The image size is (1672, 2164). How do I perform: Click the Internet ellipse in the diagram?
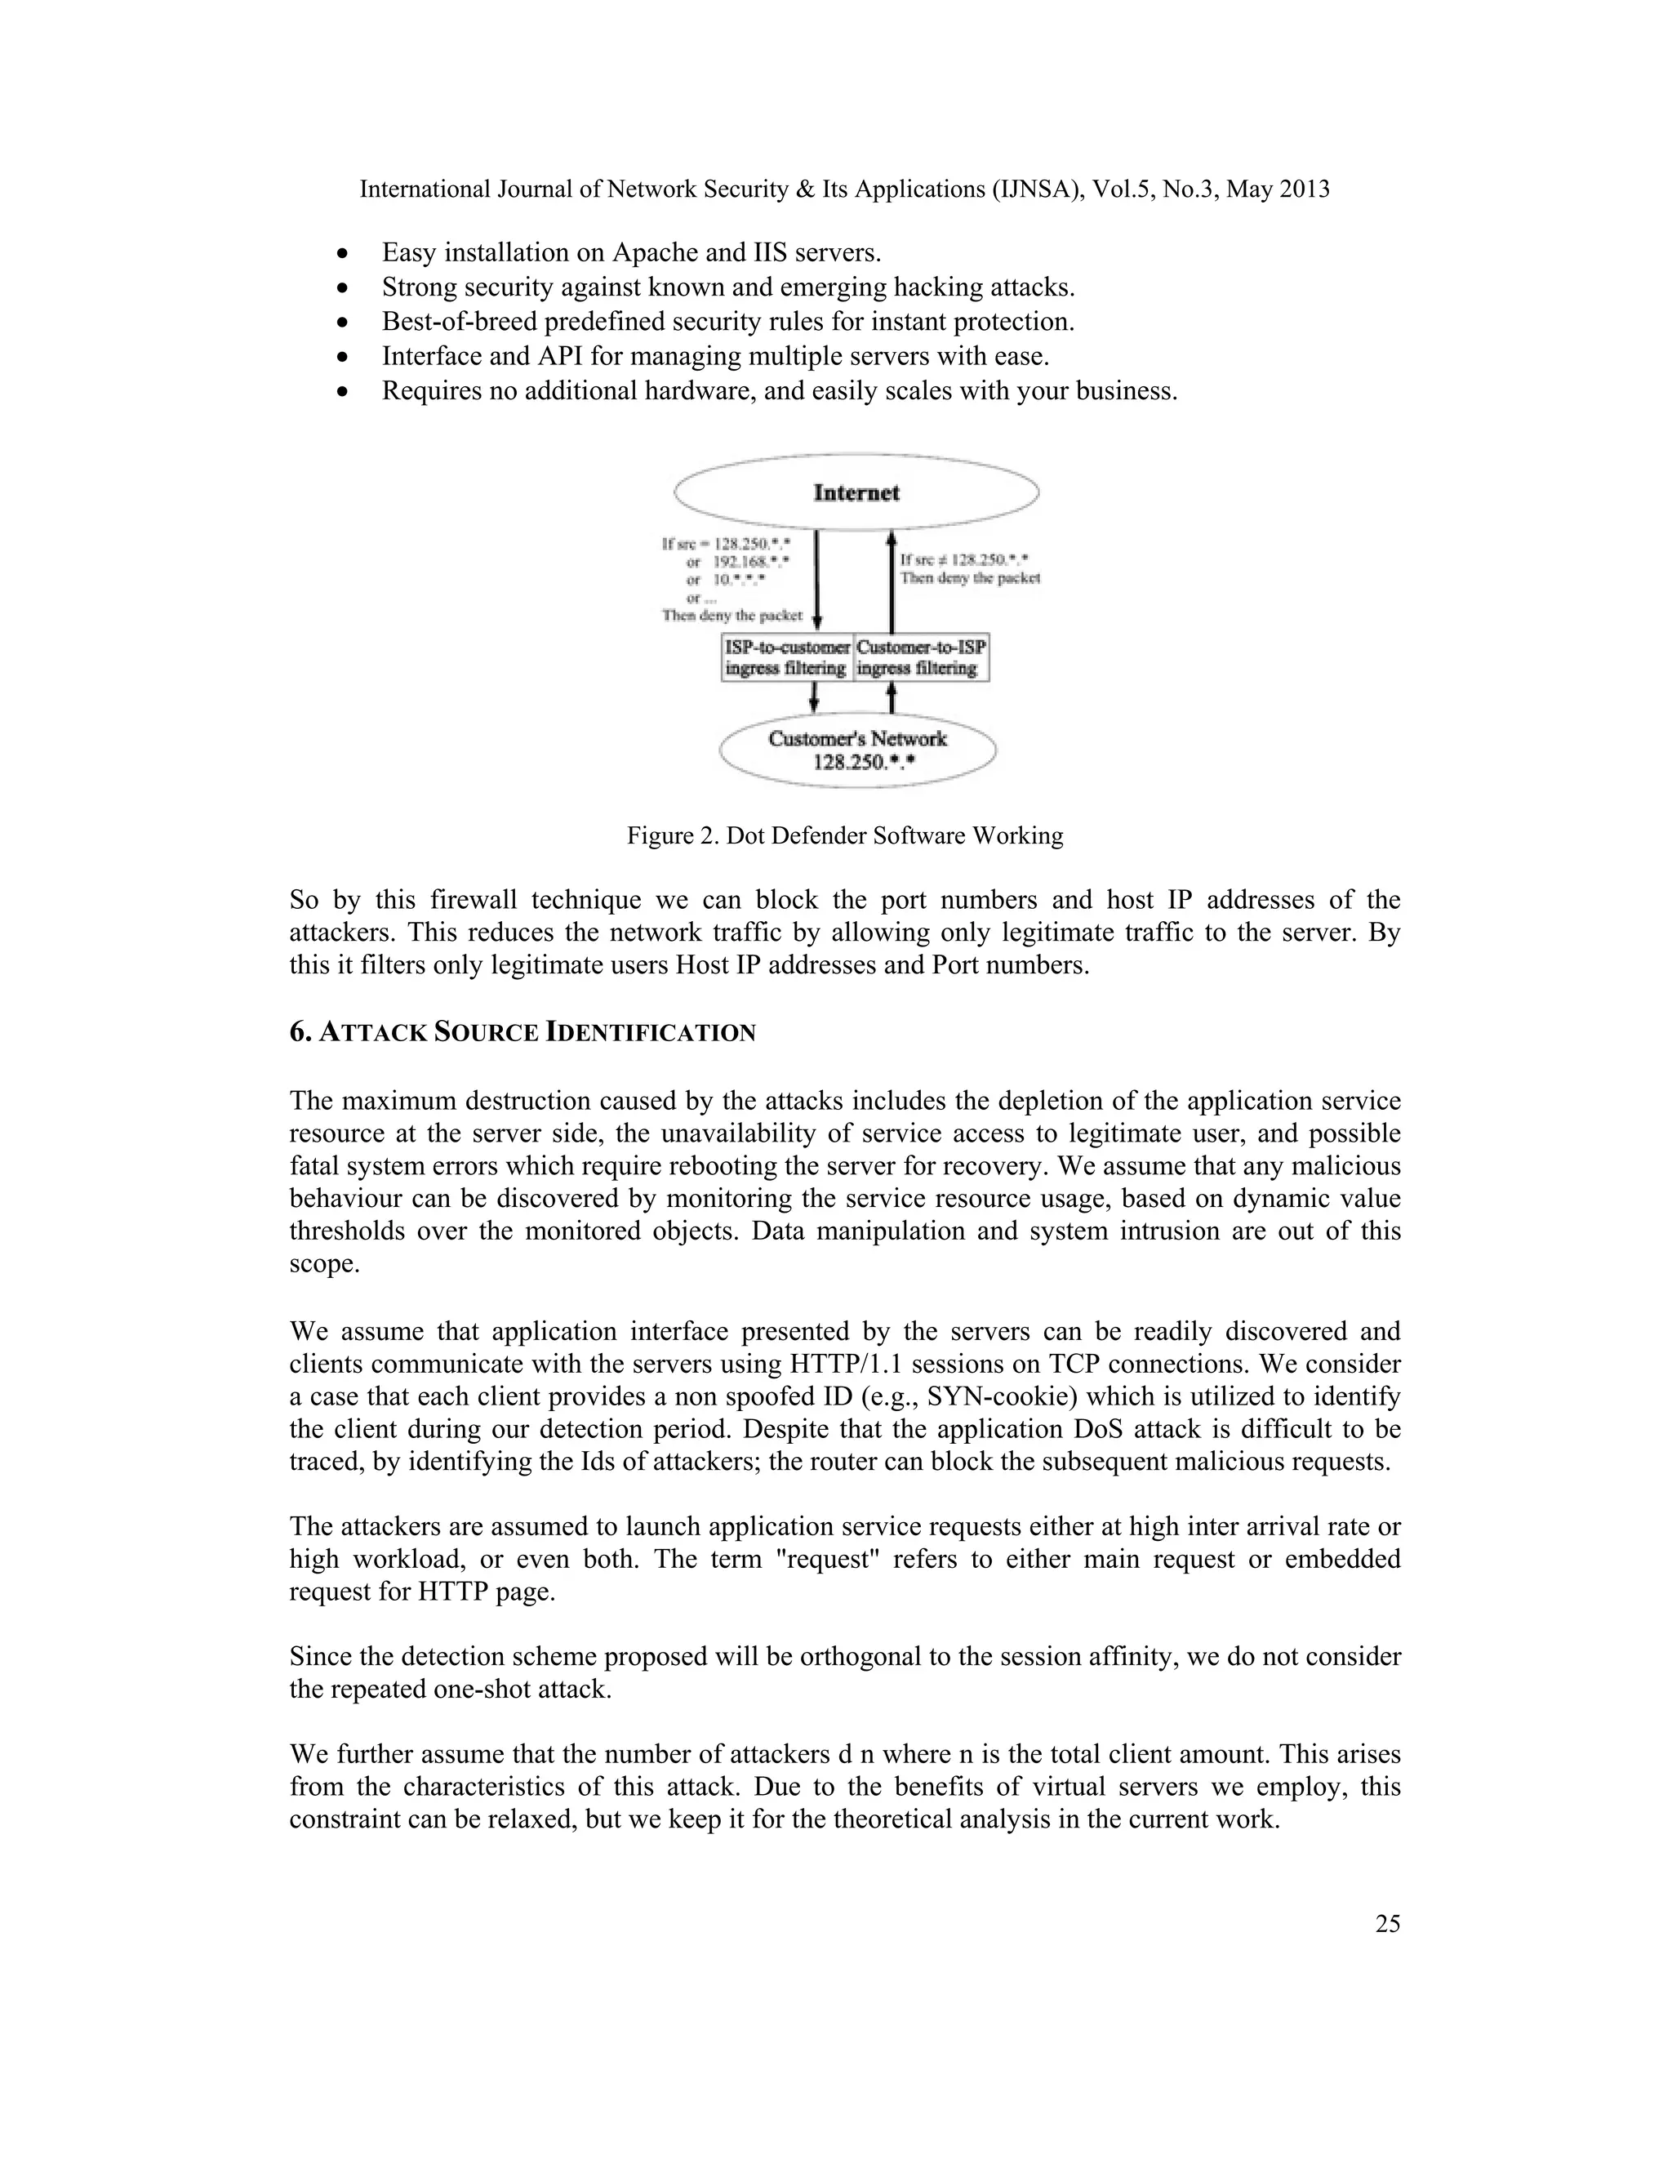(x=856, y=492)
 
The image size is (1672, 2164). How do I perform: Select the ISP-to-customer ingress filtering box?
(x=786, y=658)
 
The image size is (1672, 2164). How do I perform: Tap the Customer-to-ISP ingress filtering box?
(x=921, y=658)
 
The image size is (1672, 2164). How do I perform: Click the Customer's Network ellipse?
(x=856, y=750)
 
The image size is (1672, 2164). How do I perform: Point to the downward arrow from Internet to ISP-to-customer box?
(x=816, y=580)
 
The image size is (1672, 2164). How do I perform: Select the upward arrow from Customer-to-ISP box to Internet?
(x=891, y=585)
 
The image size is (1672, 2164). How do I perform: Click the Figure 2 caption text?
(x=845, y=835)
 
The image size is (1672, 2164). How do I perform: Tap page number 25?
(x=1387, y=1923)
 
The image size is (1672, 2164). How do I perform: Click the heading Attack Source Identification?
(x=522, y=1032)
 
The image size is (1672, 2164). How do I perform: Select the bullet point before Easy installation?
(x=342, y=254)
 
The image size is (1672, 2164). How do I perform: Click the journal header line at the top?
(x=844, y=189)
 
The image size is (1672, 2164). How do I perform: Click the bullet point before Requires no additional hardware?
(x=342, y=392)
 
